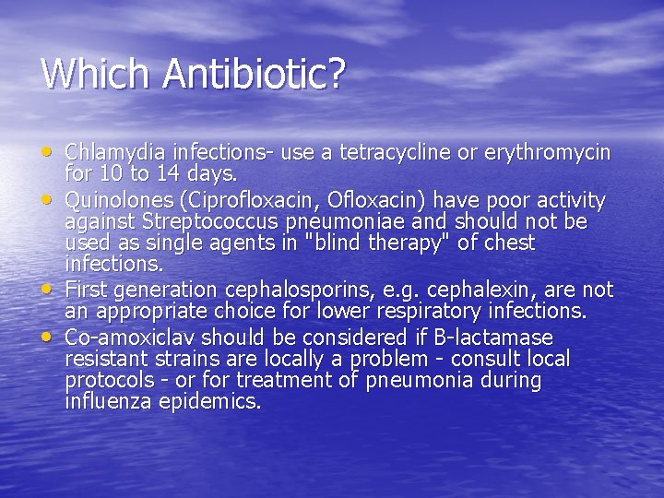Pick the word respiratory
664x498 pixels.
[452, 312]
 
